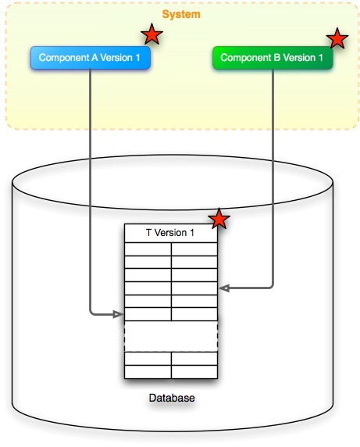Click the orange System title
click(x=180, y=14)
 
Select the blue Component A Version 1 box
click(x=90, y=58)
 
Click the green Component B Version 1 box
click(x=272, y=58)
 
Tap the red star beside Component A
click(x=151, y=34)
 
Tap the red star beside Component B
click(x=337, y=38)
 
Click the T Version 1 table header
click(x=171, y=233)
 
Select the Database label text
click(x=171, y=399)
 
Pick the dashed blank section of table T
click(x=171, y=336)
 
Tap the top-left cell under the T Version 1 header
click(x=148, y=249)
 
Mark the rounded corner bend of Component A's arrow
click(x=93, y=313)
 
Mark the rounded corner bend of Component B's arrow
click(x=270, y=287)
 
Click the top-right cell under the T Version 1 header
click(x=194, y=249)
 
